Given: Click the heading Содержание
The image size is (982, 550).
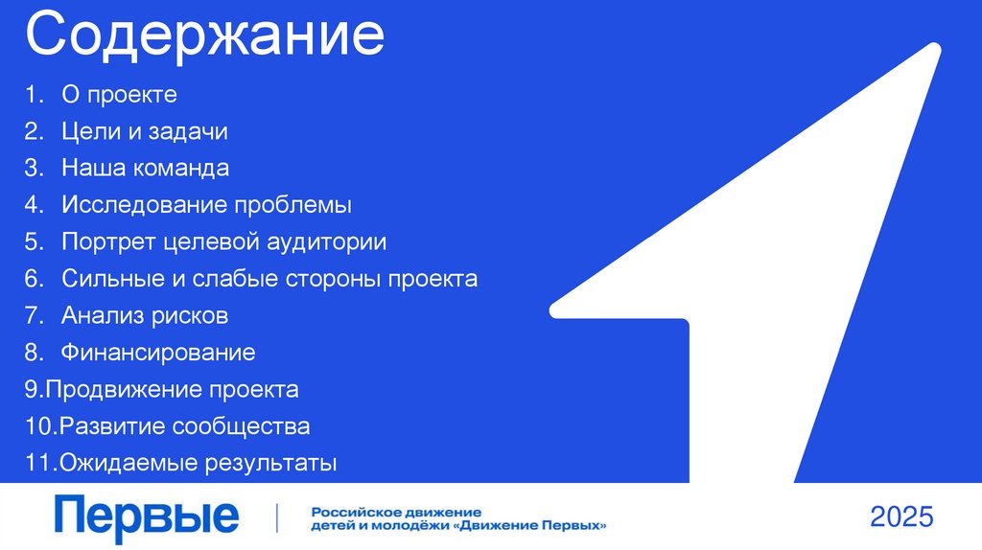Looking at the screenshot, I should [x=204, y=36].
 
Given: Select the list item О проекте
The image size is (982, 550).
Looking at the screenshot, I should [x=119, y=95].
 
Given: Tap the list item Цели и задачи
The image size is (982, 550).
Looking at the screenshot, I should [x=144, y=131].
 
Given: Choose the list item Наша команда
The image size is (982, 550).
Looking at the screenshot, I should [x=145, y=169].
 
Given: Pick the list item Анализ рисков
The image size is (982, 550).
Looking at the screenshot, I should [x=144, y=315].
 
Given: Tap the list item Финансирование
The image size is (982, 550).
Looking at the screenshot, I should [x=158, y=353].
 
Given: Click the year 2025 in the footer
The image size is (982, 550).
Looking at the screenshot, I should [x=900, y=517].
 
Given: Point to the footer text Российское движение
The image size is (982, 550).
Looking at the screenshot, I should [x=395, y=513].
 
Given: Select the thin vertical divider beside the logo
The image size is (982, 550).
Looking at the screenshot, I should [x=277, y=517].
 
